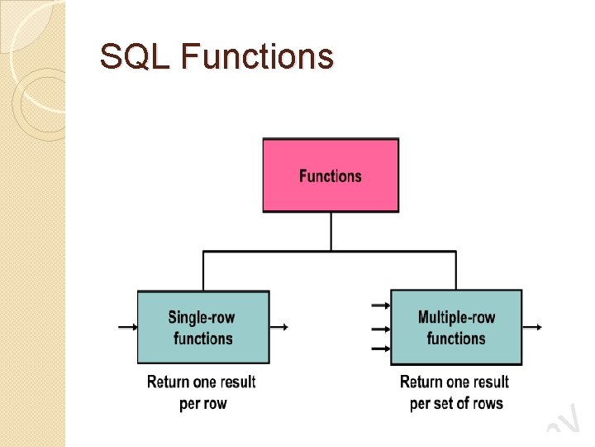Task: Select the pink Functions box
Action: point(331,175)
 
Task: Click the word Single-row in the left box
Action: point(203,317)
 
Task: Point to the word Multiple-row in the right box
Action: point(456,317)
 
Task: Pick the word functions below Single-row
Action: point(203,338)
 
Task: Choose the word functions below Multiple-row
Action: point(456,338)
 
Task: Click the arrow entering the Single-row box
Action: point(128,327)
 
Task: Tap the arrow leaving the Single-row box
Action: point(279,327)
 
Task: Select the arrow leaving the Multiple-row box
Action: point(532,327)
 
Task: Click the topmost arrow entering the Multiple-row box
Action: point(381,305)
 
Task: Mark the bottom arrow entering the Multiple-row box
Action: point(381,348)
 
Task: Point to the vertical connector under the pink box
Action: point(331,232)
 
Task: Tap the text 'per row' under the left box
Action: point(202,403)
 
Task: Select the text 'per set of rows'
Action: point(456,403)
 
